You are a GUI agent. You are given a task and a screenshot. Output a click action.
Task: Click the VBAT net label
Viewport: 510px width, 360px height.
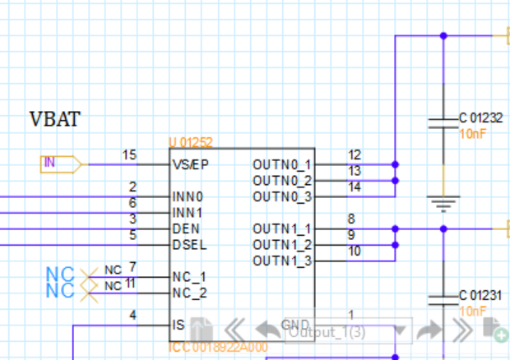55,120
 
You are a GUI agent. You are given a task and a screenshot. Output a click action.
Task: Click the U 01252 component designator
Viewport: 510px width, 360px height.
196,142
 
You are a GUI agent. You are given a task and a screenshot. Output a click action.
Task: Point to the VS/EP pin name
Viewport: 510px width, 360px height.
191,164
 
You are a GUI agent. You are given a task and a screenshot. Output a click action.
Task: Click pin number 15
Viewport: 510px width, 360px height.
129,155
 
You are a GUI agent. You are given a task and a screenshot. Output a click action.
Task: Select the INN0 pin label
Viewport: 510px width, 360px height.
188,197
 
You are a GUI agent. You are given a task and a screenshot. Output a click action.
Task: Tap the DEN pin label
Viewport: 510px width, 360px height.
185,228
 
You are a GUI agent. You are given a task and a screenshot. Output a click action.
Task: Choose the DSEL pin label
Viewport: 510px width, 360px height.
188,244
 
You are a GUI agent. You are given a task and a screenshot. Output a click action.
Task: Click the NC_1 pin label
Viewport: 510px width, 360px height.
189,277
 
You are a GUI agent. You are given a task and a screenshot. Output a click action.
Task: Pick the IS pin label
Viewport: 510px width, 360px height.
178,325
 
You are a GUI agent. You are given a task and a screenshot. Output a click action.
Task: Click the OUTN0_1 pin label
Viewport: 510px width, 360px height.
282,164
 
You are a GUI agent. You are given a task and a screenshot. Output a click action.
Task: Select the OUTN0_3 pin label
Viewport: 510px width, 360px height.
282,196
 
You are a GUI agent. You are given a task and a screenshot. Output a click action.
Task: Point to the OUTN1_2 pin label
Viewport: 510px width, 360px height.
282,244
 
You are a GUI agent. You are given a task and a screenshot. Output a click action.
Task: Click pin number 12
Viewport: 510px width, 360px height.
355,155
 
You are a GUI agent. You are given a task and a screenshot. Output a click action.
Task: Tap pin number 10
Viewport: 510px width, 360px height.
355,251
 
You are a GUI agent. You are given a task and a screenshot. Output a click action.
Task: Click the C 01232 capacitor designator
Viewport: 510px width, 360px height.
480,118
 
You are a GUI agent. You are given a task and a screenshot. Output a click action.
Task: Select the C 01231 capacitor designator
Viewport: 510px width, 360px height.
480,295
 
